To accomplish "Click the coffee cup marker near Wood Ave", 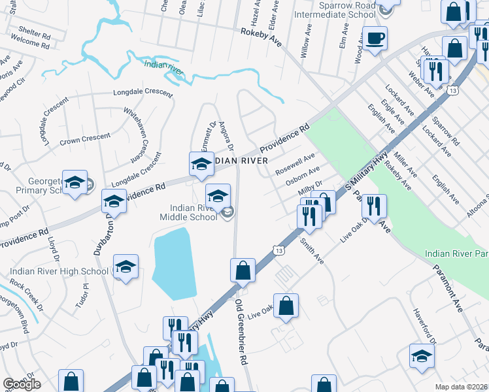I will pyautogui.click(x=375, y=38).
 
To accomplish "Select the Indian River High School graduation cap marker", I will pyautogui.click(x=125, y=267).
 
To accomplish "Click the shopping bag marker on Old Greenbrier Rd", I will pyautogui.click(x=243, y=270).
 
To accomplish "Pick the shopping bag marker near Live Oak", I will pyautogui.click(x=286, y=306).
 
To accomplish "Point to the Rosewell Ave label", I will pyautogui.click(x=295, y=164).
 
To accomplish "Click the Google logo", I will pyautogui.click(x=22, y=384).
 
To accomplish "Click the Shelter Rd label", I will pyautogui.click(x=35, y=29).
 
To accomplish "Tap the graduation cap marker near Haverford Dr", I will pyautogui.click(x=422, y=356).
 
